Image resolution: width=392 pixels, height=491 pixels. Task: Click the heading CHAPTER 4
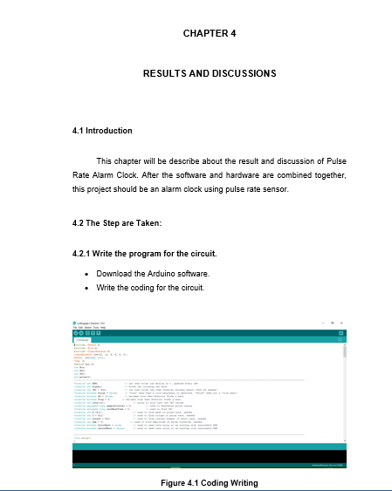point(210,33)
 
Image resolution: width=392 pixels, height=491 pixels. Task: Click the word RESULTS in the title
point(162,73)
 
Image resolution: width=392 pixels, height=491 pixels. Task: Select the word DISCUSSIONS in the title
point(245,73)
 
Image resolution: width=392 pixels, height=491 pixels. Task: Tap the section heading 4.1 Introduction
point(102,131)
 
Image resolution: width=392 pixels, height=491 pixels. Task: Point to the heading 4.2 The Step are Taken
point(117,223)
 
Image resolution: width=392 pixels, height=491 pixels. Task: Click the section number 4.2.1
point(85,254)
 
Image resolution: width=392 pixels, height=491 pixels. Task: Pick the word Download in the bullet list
point(115,274)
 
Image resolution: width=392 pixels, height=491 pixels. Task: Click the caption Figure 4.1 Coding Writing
point(210,483)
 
